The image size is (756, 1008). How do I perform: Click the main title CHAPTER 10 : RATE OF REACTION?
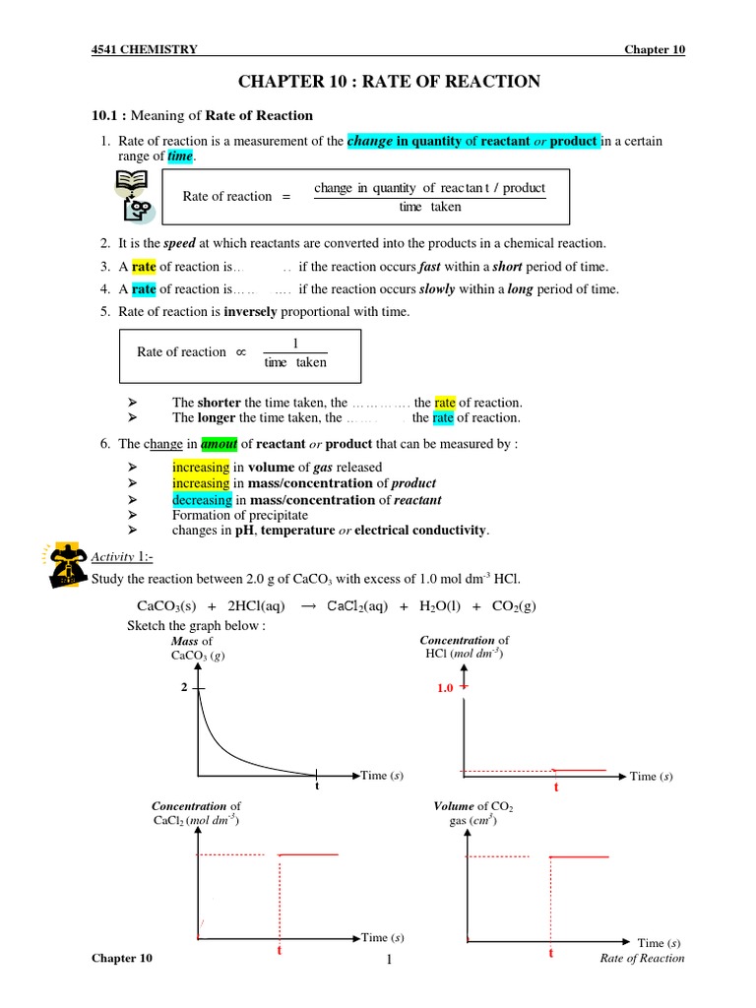[x=390, y=82]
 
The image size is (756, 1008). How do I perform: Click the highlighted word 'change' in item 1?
[x=370, y=141]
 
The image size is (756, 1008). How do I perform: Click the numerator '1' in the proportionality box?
[x=295, y=344]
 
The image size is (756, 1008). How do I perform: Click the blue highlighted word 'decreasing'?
[x=202, y=499]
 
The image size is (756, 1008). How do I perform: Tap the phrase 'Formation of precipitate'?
[x=240, y=515]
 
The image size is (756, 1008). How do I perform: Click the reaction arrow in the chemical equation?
[x=306, y=605]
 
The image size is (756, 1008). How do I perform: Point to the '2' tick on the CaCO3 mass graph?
[x=184, y=688]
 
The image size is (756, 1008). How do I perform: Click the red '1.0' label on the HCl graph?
[x=445, y=689]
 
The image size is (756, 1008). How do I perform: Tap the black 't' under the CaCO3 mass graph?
[x=317, y=787]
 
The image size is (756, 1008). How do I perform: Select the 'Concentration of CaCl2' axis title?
[x=197, y=812]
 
